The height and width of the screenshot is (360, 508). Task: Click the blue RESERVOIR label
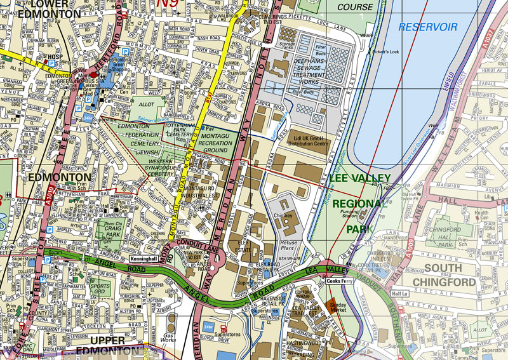click(428, 27)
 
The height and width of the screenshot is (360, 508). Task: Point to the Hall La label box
click(399, 293)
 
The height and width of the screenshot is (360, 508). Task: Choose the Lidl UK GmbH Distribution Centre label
click(311, 139)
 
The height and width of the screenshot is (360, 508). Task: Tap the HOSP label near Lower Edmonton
click(52, 56)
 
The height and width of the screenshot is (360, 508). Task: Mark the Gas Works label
click(169, 337)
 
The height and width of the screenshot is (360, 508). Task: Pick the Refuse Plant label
click(288, 246)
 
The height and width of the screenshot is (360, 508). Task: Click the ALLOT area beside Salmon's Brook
click(146, 103)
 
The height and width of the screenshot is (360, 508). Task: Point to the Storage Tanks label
click(288, 44)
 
